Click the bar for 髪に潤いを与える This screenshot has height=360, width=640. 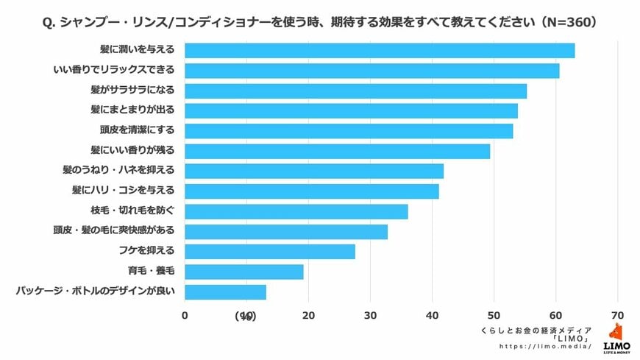click(x=379, y=51)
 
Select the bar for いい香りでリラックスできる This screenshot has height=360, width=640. click(x=371, y=71)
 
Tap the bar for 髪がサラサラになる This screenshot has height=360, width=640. click(x=355, y=91)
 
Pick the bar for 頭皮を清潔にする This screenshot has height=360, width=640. click(x=349, y=131)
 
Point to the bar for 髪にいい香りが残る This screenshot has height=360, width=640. click(x=337, y=151)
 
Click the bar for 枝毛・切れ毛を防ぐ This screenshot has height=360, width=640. click(x=296, y=211)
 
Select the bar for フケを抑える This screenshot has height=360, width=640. click(x=269, y=252)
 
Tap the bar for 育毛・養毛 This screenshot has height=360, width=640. click(x=243, y=272)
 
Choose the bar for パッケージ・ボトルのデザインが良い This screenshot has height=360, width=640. click(x=225, y=292)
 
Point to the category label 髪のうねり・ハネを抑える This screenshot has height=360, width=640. click(x=119, y=171)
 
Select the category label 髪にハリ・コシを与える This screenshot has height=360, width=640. click(x=123, y=191)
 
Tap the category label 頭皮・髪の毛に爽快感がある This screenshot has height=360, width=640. click(x=113, y=231)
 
